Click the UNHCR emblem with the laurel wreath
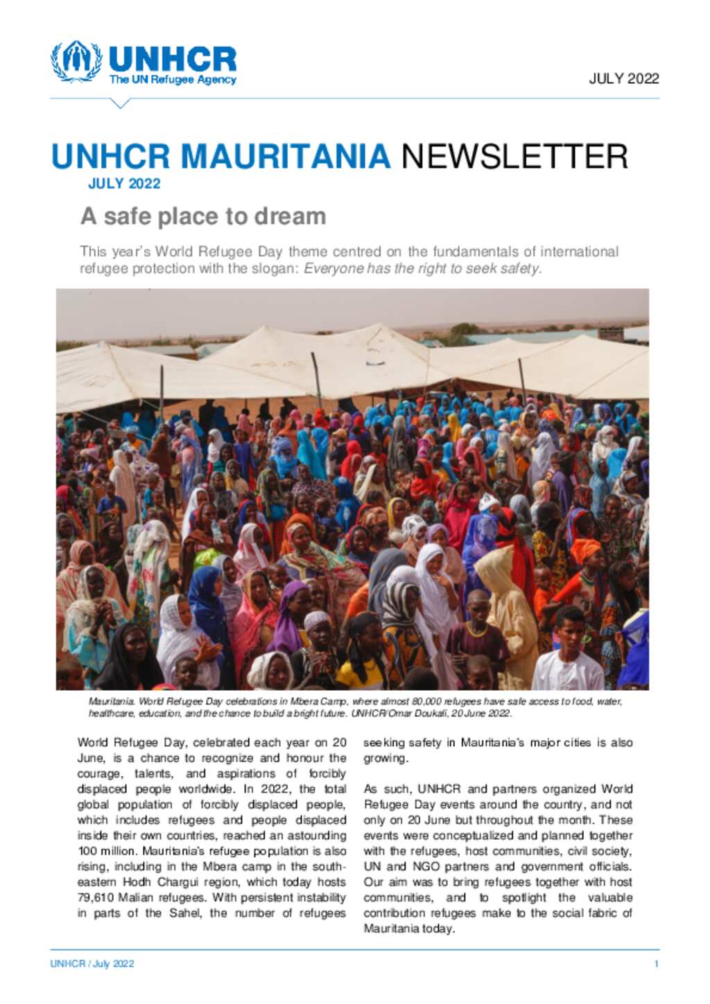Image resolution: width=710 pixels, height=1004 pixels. click(x=76, y=62)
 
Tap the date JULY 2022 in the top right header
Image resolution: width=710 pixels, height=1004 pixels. click(x=623, y=78)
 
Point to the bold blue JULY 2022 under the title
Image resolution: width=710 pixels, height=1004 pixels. click(x=124, y=184)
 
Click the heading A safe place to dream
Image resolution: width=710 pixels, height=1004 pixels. click(x=203, y=216)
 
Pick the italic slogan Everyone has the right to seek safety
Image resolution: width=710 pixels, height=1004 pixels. click(x=422, y=269)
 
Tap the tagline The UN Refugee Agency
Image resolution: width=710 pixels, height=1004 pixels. click(x=173, y=80)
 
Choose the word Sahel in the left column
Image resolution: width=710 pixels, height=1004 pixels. click(x=185, y=913)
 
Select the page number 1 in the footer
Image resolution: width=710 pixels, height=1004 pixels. click(x=656, y=964)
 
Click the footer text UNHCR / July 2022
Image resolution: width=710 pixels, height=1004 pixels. click(x=92, y=964)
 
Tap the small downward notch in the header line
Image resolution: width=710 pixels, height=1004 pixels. click(x=120, y=103)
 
